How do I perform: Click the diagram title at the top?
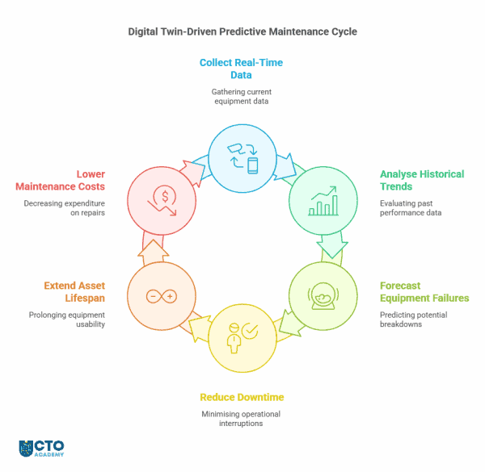click(242, 32)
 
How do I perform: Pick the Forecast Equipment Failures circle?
click(323, 295)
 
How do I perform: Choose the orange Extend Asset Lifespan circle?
click(162, 295)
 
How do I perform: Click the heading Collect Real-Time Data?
click(242, 69)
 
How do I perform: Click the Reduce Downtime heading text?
click(242, 397)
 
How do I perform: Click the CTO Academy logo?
click(41, 449)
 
